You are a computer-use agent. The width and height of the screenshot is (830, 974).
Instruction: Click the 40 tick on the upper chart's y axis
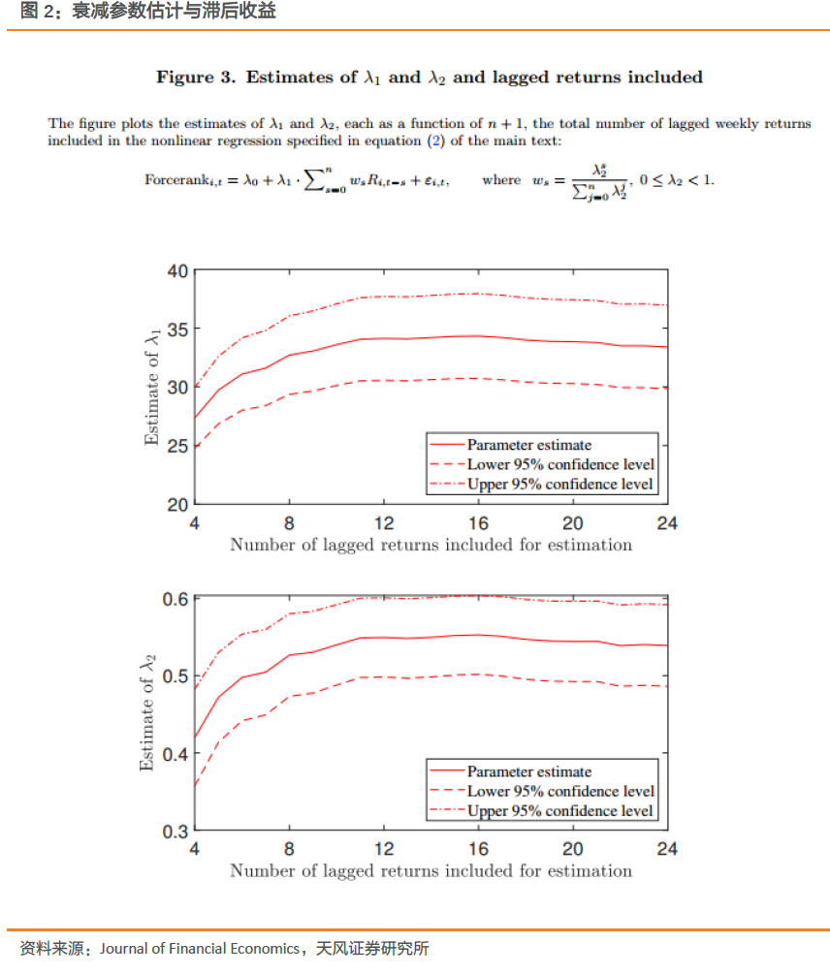tap(176, 270)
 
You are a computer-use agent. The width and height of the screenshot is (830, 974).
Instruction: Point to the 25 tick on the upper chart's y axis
tap(176, 446)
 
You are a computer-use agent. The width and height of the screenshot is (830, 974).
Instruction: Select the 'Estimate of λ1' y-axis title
tap(152, 388)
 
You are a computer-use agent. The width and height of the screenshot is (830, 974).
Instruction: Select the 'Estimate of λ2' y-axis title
tap(148, 714)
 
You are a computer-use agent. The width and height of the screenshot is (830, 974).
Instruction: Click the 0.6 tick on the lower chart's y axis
tap(174, 598)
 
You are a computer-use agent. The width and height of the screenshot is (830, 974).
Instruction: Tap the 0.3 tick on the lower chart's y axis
tap(174, 831)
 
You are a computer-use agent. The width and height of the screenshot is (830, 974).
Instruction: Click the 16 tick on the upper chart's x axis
tap(478, 523)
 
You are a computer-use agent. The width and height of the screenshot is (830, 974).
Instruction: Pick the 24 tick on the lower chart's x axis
tap(667, 850)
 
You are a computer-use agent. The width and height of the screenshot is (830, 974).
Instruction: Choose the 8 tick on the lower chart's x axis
tap(289, 850)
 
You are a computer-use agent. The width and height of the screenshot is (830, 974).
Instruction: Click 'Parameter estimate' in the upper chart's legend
tap(528, 445)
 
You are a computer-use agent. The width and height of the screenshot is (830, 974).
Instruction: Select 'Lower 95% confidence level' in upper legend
tap(560, 464)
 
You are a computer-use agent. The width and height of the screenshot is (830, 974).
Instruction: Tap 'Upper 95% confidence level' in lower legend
tap(560, 810)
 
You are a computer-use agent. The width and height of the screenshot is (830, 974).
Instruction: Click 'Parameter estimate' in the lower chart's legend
tap(528, 771)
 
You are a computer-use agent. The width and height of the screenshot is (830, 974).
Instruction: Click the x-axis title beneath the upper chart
tap(431, 545)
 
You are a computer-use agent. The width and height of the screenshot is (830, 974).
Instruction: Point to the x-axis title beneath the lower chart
tap(431, 870)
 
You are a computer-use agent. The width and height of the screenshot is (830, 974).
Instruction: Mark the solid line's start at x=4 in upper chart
tap(195, 419)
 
